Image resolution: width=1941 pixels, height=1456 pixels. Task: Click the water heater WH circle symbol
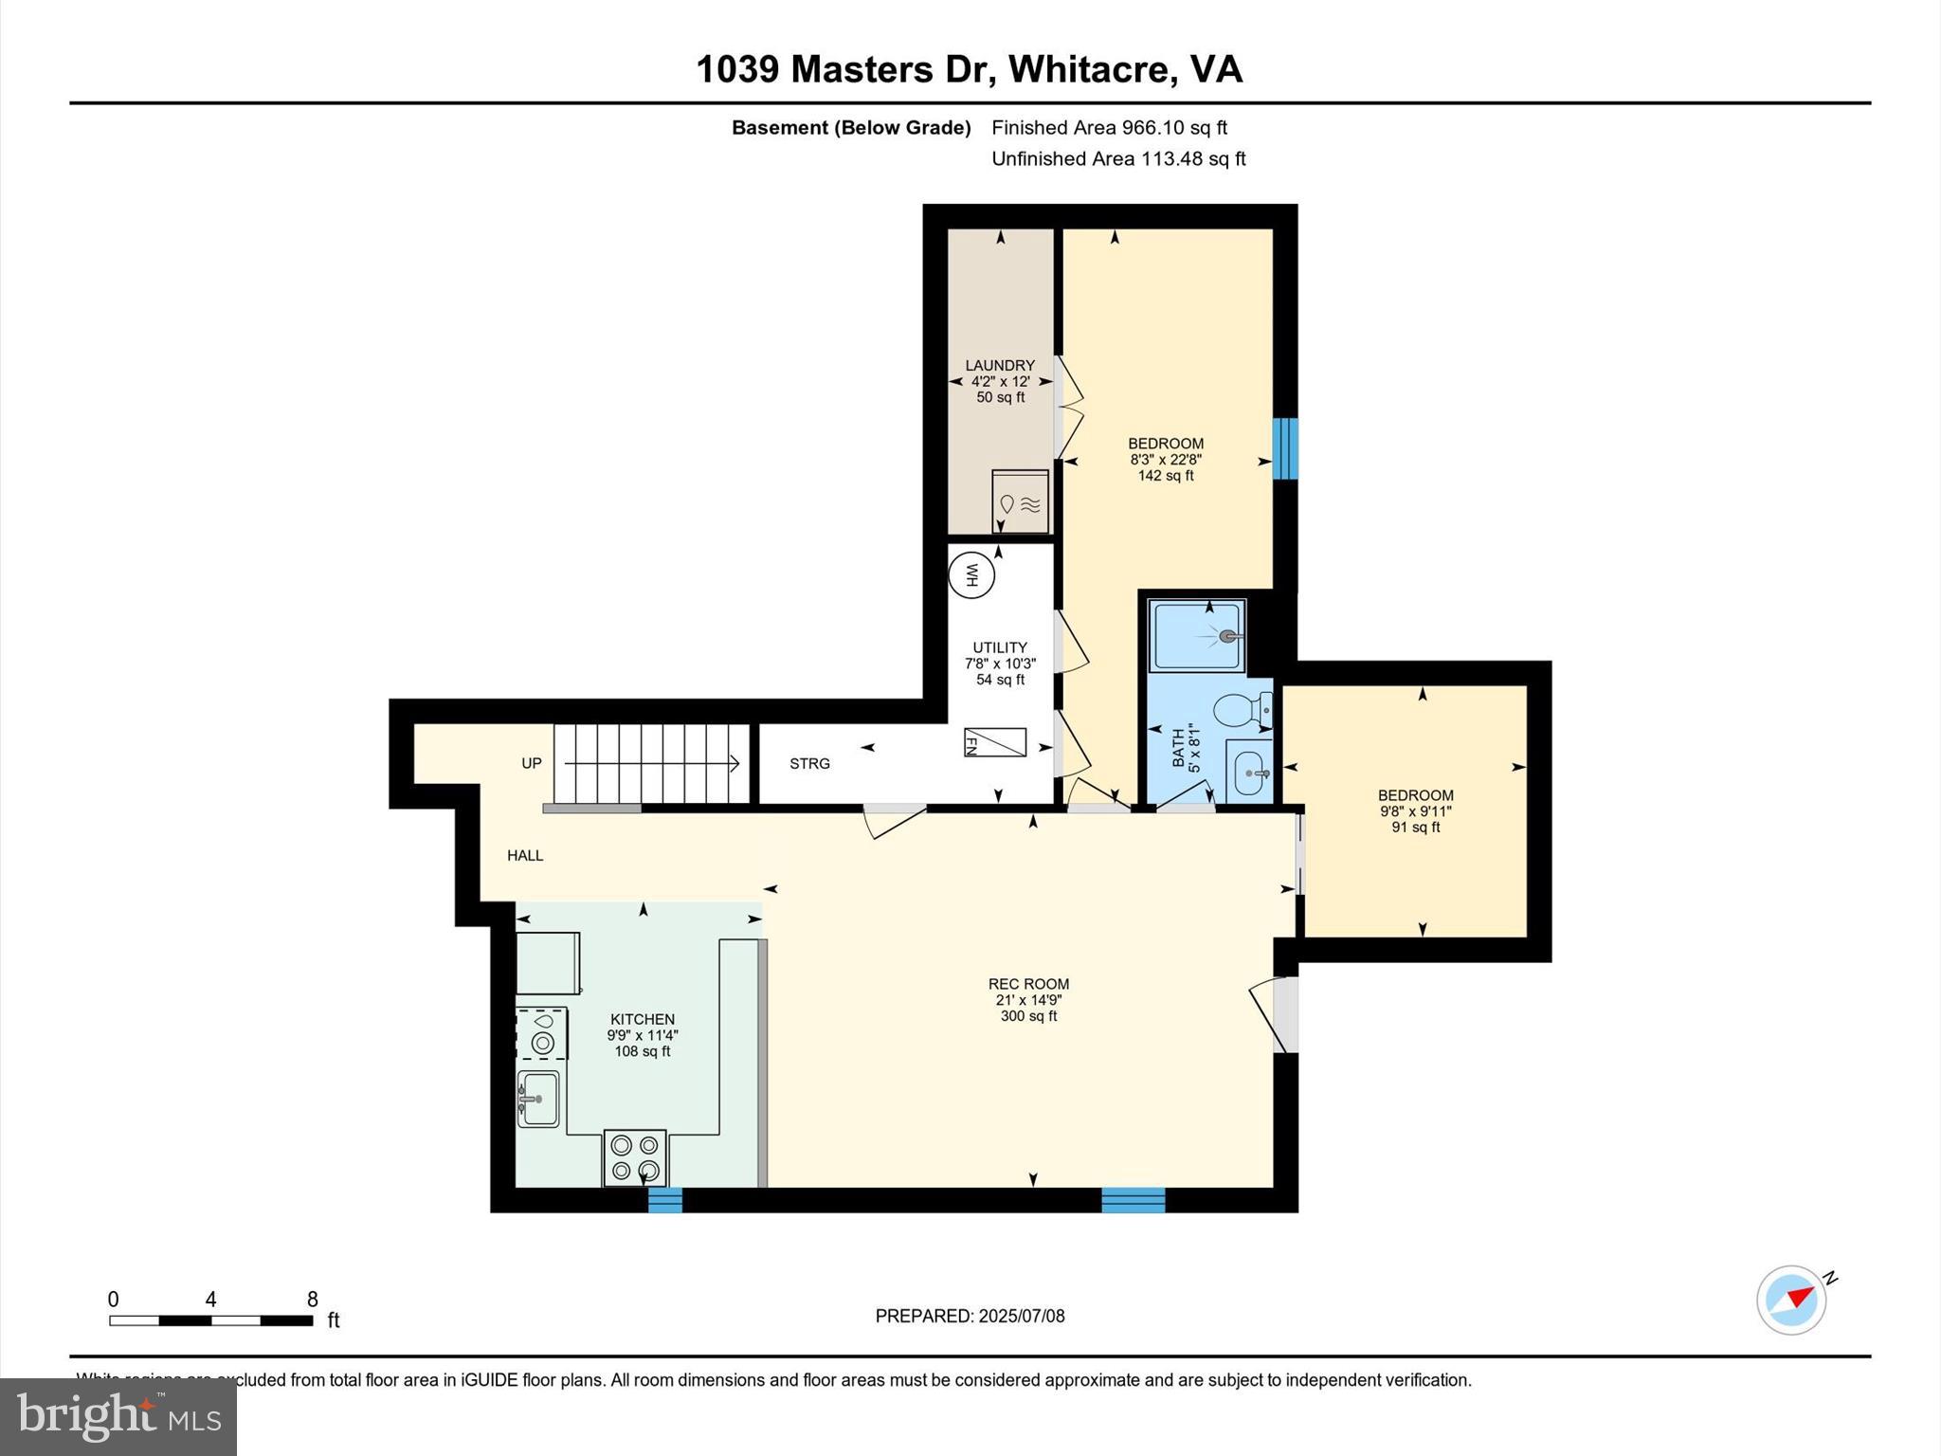971,575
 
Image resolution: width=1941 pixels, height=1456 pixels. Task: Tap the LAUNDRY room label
1000,366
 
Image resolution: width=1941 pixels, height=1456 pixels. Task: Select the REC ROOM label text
1028,984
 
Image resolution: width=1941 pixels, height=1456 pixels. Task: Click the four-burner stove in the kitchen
635,1157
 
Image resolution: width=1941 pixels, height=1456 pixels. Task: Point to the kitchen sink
539,1099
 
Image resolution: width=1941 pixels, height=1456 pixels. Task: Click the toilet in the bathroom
1242,708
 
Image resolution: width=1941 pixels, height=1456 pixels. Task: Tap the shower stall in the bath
1196,636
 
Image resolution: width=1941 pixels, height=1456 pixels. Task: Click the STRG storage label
809,764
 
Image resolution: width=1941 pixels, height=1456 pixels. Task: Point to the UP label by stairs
532,764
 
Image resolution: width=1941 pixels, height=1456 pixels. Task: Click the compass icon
1791,1301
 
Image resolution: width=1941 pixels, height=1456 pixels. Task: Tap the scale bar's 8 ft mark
312,1301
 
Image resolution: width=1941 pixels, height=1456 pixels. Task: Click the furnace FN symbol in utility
995,742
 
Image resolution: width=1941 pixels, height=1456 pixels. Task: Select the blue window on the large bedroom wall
1285,448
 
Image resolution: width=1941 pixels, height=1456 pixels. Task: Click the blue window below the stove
664,1200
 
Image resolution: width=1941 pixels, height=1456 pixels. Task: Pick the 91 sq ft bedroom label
1415,828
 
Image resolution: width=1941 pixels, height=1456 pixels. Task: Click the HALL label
525,856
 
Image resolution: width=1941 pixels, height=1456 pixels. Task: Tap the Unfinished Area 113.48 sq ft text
1118,159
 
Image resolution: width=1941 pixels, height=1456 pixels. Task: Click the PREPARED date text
970,1316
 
